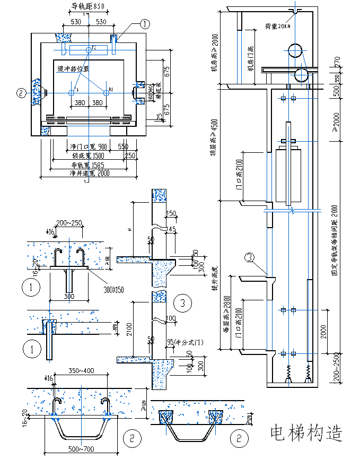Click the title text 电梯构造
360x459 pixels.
(306, 433)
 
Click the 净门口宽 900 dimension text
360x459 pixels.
(88, 146)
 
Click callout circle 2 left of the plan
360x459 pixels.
(21, 93)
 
